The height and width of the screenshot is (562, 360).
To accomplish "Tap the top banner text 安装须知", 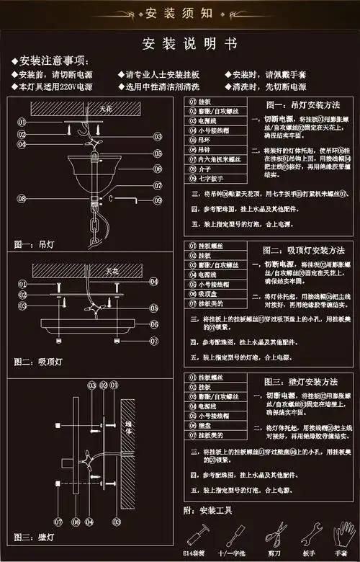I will coord(180,13).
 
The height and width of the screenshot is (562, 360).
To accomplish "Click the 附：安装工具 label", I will coord(210,510).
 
